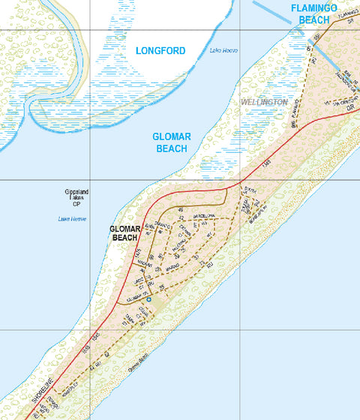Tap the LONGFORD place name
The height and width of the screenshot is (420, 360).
tap(160, 51)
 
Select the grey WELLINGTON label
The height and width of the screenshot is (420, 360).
tap(264, 101)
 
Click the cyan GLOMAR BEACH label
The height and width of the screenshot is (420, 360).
tap(171, 142)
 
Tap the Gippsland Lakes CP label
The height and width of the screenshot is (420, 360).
tap(76, 198)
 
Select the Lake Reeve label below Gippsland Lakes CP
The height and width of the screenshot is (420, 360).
tap(73, 219)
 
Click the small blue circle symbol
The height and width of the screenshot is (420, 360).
tap(148, 299)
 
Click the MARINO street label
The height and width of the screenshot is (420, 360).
tap(173, 265)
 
